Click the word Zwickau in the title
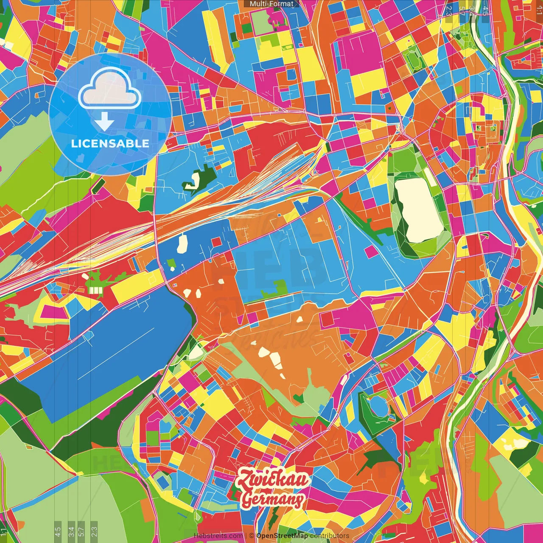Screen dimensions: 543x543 coord(273,480)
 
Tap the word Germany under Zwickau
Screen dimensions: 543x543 coord(273,499)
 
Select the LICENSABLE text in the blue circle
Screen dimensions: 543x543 coord(110,143)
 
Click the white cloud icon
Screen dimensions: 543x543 coord(109,88)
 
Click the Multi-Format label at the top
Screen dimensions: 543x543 coord(271,4)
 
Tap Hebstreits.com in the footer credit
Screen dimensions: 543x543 coord(218,536)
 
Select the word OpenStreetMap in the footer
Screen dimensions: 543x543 coord(282,536)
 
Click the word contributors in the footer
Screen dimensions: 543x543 coord(330,536)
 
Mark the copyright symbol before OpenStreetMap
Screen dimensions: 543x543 coord(252,536)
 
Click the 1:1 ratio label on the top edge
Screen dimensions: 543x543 coord(539,9)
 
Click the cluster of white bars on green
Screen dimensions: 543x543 coord(96,290)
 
